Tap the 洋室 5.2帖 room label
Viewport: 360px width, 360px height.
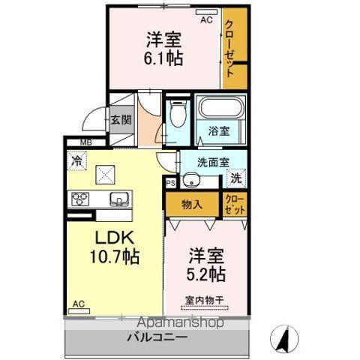point(205,265)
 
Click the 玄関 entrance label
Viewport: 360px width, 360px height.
point(120,119)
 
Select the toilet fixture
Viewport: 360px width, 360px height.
point(178,117)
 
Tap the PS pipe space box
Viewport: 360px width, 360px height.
point(170,182)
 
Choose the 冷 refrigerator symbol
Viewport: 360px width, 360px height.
point(76,159)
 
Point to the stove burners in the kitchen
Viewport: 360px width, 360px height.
point(81,199)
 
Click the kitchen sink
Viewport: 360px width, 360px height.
point(119,199)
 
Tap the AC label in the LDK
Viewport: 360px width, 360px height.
point(78,304)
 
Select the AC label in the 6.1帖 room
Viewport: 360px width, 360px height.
point(205,19)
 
